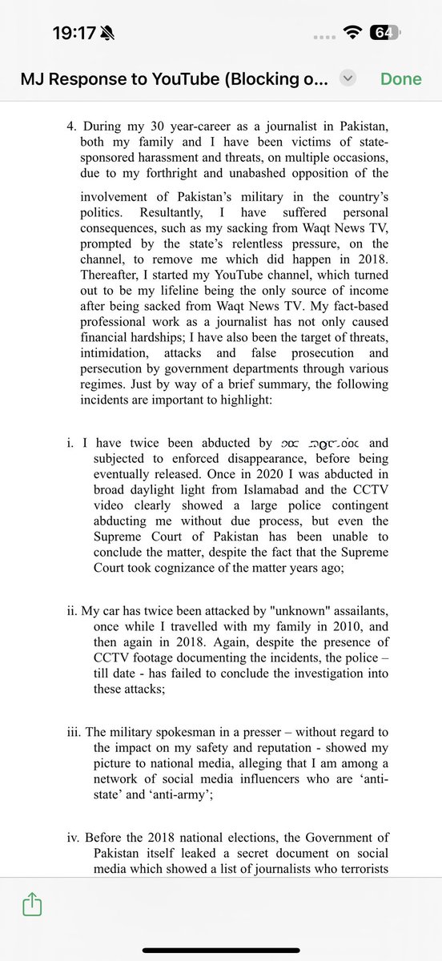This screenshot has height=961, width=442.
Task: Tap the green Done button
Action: pyautogui.click(x=400, y=78)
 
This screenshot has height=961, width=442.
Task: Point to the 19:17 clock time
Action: pyautogui.click(x=74, y=33)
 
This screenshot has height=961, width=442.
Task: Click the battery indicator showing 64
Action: pyautogui.click(x=383, y=33)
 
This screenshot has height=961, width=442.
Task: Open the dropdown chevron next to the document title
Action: pyautogui.click(x=347, y=78)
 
